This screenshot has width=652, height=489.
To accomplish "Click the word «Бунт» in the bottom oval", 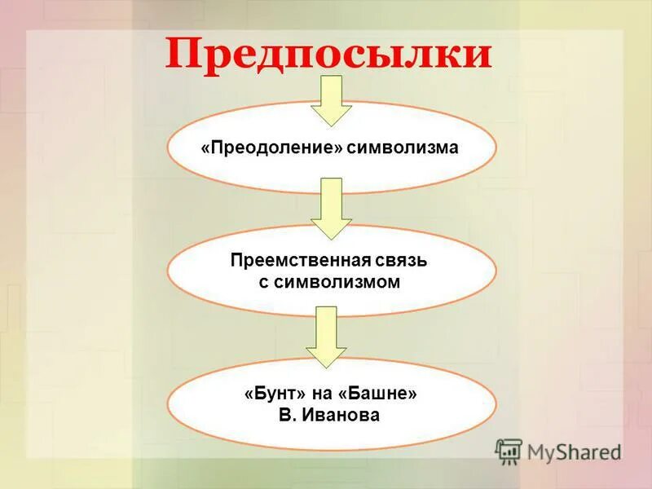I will tap(274, 394).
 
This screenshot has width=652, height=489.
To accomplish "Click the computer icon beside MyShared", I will tap(509, 451).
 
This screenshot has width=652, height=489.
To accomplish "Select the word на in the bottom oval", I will tap(327, 394).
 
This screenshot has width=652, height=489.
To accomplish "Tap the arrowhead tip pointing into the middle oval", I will tap(331, 238).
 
